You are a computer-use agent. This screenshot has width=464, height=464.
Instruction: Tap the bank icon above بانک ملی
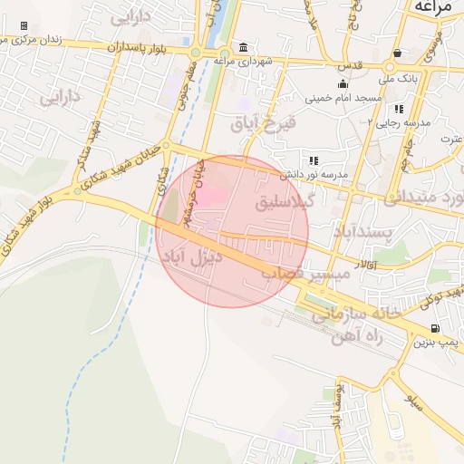(398, 53)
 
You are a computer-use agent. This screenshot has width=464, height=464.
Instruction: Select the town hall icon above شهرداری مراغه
(243, 47)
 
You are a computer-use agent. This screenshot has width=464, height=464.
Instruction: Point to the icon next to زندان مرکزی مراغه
(23, 26)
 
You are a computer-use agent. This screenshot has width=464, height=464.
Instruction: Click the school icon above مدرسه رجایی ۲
(399, 108)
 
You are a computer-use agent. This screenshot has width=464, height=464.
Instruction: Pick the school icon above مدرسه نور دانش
(314, 159)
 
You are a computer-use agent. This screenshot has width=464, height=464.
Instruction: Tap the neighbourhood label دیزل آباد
(192, 257)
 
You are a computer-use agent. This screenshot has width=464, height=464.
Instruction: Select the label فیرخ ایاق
(259, 122)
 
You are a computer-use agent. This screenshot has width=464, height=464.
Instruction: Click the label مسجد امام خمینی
(341, 96)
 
